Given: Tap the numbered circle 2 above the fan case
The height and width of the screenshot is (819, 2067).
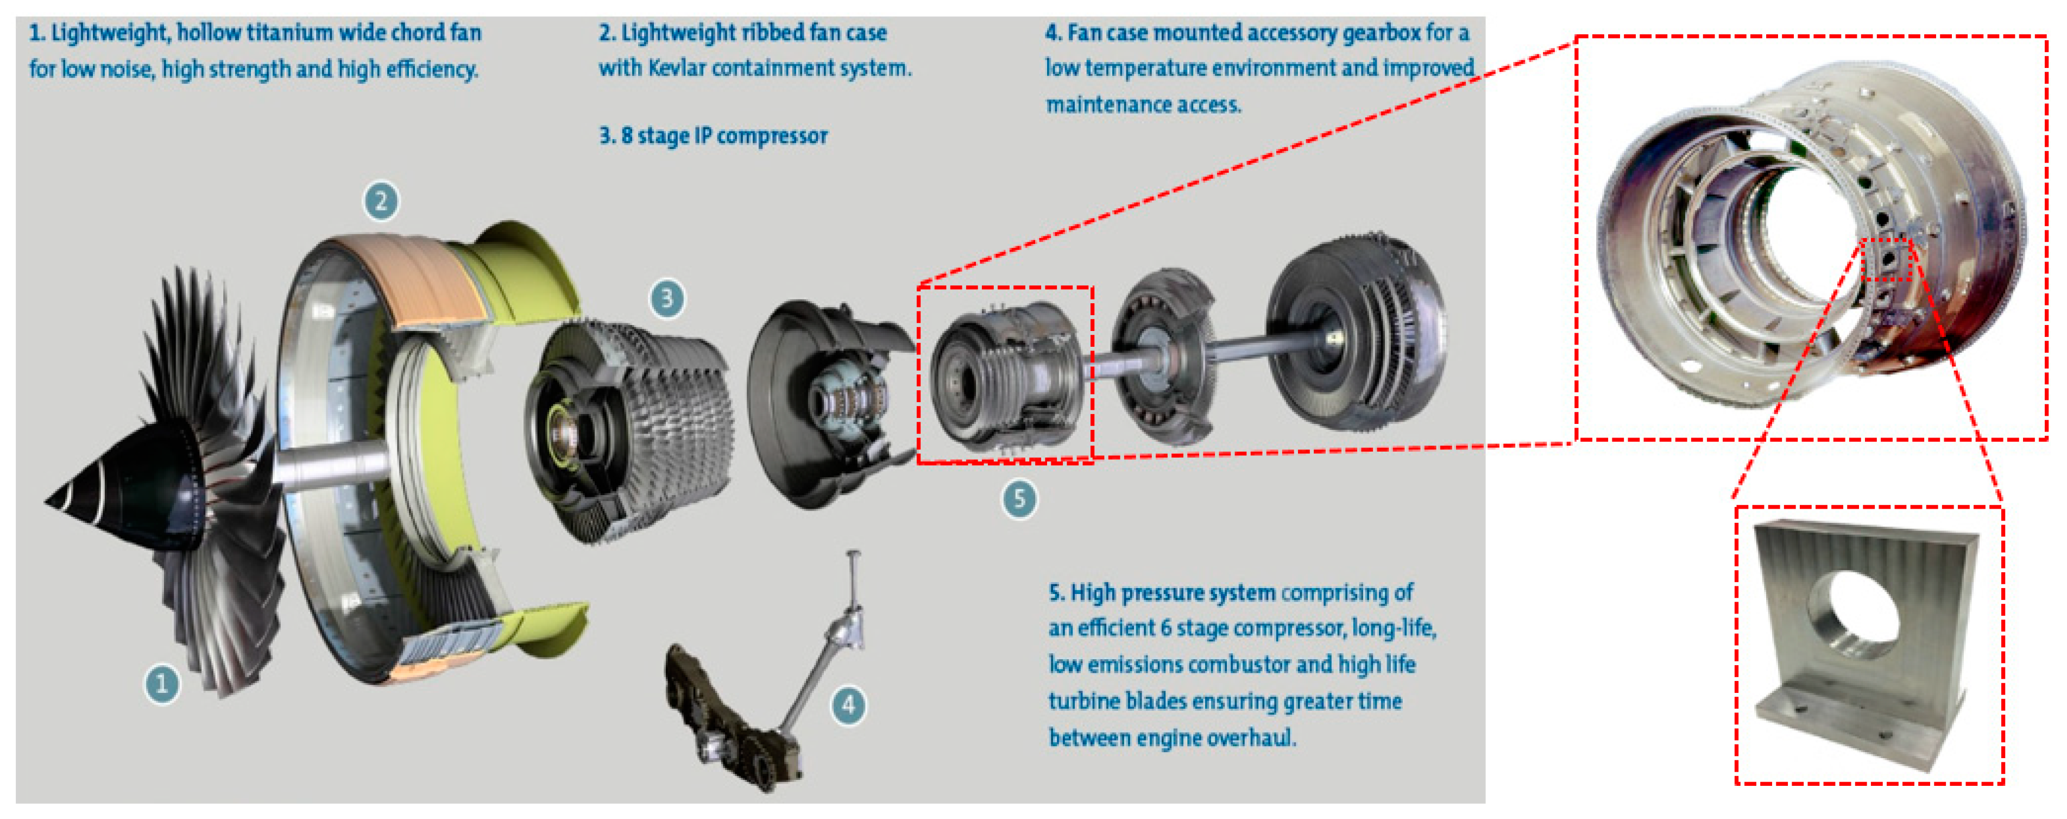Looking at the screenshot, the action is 381,201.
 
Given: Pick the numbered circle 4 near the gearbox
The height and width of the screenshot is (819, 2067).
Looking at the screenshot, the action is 849,706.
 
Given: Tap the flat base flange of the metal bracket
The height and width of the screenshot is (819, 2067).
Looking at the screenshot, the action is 1862,727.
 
